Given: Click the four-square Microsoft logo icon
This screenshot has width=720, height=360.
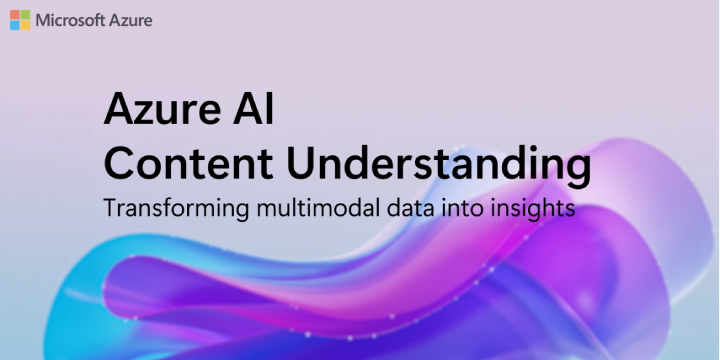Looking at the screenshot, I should [x=20, y=20].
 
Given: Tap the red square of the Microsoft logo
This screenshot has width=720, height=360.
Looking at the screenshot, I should [x=15, y=15].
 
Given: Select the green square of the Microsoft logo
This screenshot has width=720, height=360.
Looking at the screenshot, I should [x=25, y=15].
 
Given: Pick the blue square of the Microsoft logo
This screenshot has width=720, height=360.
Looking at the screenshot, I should [x=15, y=25].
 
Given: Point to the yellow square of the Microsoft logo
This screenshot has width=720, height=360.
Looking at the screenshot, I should [x=25, y=25].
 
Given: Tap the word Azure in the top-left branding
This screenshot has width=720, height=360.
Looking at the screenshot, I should [x=132, y=20].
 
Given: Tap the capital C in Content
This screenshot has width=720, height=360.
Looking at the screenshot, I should [x=120, y=166].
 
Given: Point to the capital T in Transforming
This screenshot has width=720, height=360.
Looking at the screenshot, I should [x=110, y=212].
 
